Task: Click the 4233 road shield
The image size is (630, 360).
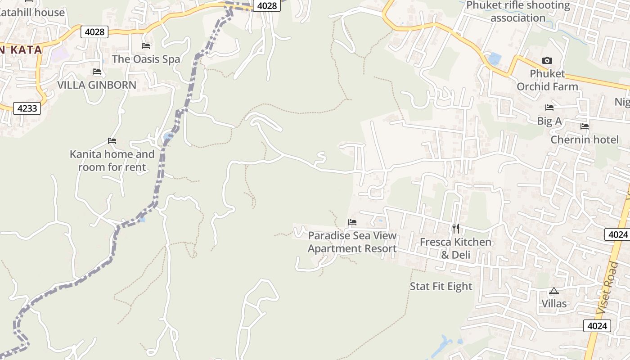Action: tap(27, 108)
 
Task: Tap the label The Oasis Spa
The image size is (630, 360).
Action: tap(146, 59)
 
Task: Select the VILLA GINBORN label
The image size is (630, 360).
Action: tap(97, 85)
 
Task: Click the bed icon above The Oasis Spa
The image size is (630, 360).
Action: tap(146, 46)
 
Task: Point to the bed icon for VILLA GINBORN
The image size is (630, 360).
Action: tap(97, 72)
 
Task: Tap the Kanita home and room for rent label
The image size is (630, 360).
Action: tap(112, 161)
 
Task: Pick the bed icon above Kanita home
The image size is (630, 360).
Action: tap(112, 141)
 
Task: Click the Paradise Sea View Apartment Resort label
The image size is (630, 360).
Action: tap(352, 242)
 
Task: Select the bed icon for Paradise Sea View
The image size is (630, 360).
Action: tap(352, 222)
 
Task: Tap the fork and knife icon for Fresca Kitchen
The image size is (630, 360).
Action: tap(456, 229)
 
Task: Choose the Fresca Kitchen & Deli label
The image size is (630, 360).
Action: tap(456, 248)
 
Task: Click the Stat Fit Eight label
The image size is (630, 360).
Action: tap(441, 287)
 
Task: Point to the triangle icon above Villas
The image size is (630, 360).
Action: tap(553, 291)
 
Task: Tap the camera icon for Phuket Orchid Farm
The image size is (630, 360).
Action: tap(547, 60)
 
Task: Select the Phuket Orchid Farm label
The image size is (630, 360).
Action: tap(547, 80)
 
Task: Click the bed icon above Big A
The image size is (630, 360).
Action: tap(549, 108)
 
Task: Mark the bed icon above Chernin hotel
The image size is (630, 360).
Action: tap(585, 126)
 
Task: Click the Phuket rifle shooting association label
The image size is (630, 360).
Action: tap(518, 12)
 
